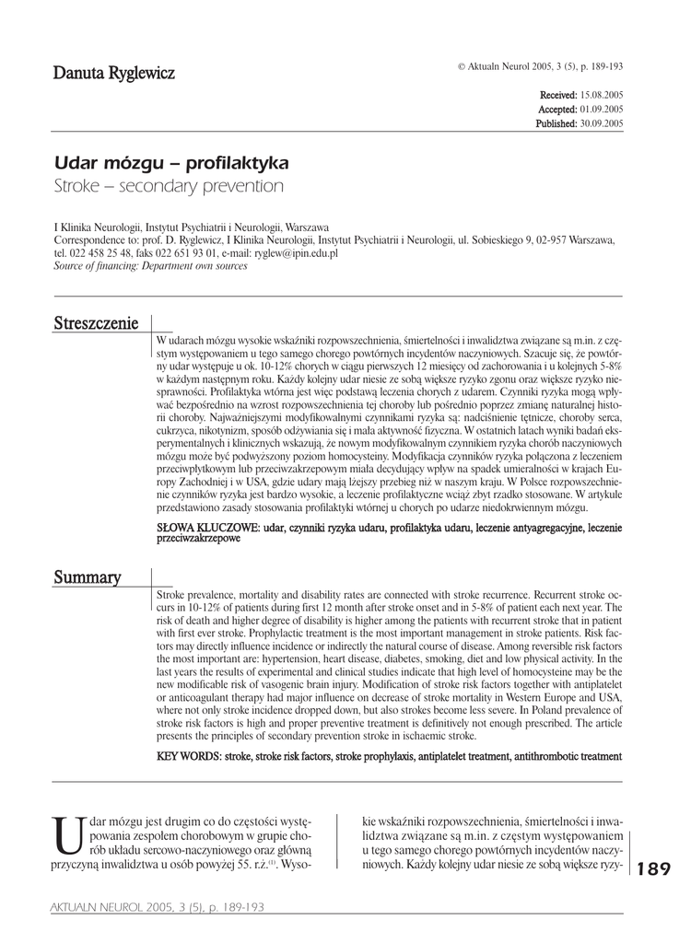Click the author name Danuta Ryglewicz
point(113,73)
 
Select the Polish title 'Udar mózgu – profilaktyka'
point(171,163)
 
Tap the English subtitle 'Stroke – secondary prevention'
point(169,186)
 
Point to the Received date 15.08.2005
point(601,95)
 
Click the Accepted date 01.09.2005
point(601,109)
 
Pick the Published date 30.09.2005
point(601,122)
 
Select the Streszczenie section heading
point(96,323)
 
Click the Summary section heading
point(88,577)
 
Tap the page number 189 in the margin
point(653,868)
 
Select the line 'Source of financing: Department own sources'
point(150,265)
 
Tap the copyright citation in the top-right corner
point(540,66)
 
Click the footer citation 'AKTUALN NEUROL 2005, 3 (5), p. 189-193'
point(157,908)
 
